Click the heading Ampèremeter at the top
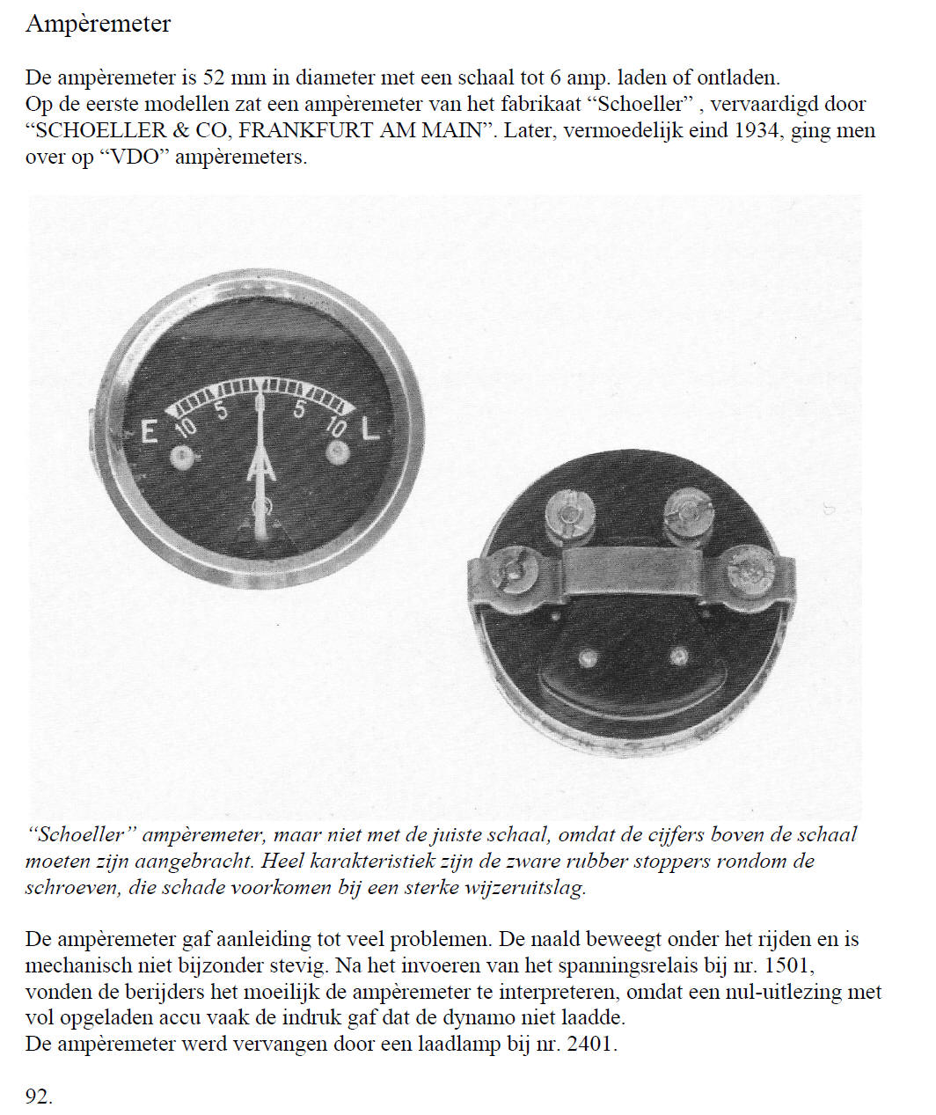98,24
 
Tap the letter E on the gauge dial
150,432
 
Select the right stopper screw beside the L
338,452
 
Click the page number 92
39,1097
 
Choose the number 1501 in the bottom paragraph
789,965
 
